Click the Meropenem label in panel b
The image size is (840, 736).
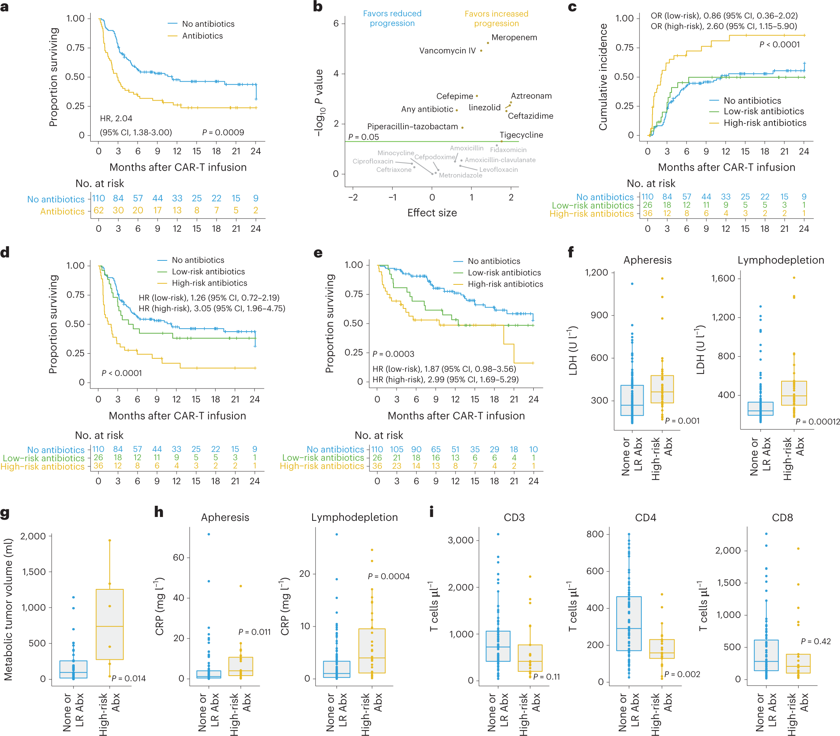click(x=514, y=38)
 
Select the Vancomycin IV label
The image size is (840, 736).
click(x=447, y=51)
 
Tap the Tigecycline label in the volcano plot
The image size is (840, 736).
click(x=521, y=135)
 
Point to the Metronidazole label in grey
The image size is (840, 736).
click(x=460, y=175)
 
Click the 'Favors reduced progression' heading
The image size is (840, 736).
click(x=392, y=19)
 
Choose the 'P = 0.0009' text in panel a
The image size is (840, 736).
click(x=223, y=132)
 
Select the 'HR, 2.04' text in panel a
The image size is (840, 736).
click(x=116, y=119)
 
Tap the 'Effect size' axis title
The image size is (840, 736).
click(x=432, y=213)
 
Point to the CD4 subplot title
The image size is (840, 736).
click(x=645, y=517)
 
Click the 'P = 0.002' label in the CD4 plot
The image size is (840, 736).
click(x=682, y=674)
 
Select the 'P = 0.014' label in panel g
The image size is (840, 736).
click(x=129, y=678)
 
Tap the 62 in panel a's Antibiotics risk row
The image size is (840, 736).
click(x=99, y=210)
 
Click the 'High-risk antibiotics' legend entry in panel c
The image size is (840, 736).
click(x=765, y=123)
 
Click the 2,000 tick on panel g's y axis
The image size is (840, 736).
click(x=33, y=536)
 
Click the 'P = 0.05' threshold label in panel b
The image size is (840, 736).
click(x=363, y=137)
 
